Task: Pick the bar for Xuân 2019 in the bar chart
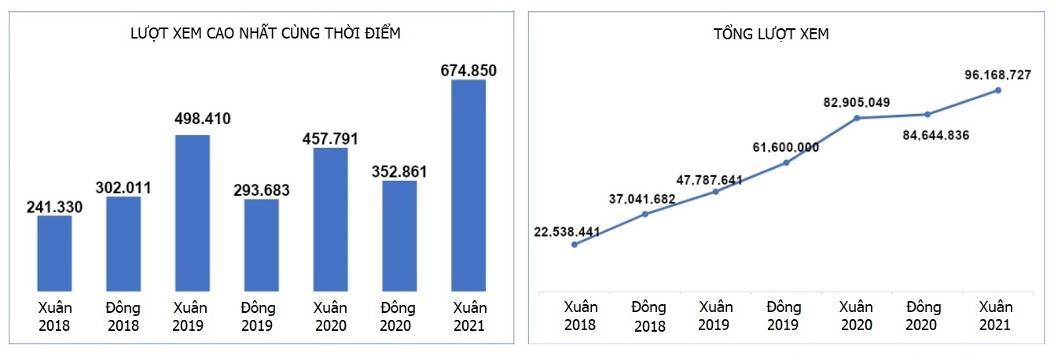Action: [193, 212]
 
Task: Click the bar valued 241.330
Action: [54, 252]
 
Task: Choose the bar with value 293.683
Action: [261, 244]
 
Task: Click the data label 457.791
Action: [330, 139]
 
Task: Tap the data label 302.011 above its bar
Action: [123, 188]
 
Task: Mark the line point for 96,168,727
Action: [998, 90]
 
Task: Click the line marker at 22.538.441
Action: [575, 244]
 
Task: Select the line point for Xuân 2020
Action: [857, 118]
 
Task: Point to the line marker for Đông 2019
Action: [786, 163]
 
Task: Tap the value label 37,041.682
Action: [642, 199]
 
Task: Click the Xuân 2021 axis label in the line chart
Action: [996, 316]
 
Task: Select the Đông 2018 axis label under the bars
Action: [123, 316]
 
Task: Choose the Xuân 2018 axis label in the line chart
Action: [581, 316]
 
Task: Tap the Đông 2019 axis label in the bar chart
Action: [261, 316]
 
